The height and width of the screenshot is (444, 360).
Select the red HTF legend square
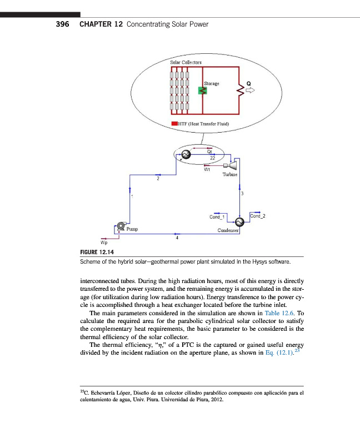pyautogui.click(x=174, y=123)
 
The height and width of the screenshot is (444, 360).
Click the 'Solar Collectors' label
pyautogui.click(x=186, y=62)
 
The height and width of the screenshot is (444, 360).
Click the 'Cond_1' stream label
pyautogui.click(x=217, y=217)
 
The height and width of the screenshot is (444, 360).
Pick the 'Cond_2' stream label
pyautogui.click(x=258, y=215)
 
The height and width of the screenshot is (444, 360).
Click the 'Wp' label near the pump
pyautogui.click(x=103, y=243)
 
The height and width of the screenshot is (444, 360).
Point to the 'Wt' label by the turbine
pyautogui.click(x=207, y=170)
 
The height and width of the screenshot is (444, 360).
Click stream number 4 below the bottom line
pyautogui.click(x=177, y=238)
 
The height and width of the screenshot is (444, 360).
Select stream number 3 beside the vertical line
pyautogui.click(x=242, y=193)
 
